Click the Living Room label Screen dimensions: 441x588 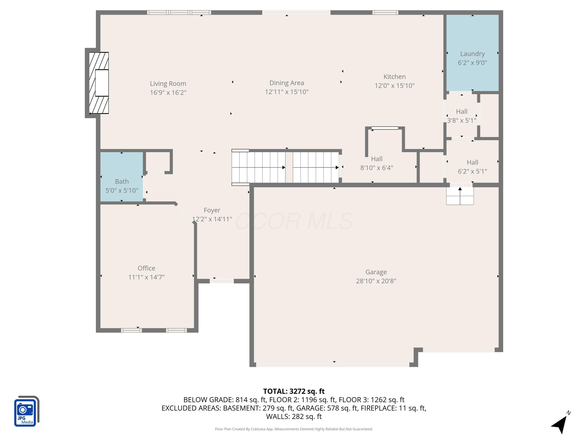coord(168,83)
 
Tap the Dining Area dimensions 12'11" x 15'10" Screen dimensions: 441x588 coord(287,92)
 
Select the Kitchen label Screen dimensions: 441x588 coord(395,77)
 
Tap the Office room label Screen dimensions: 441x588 coord(146,268)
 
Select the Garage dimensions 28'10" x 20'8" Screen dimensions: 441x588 coord(376,281)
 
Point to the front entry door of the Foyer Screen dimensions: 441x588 coord(222,281)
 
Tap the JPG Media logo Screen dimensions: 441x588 coord(26,411)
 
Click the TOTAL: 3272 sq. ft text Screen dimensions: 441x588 coord(294,391)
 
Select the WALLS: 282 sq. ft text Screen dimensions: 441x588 coord(294,416)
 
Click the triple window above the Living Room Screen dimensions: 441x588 coord(179,12)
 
